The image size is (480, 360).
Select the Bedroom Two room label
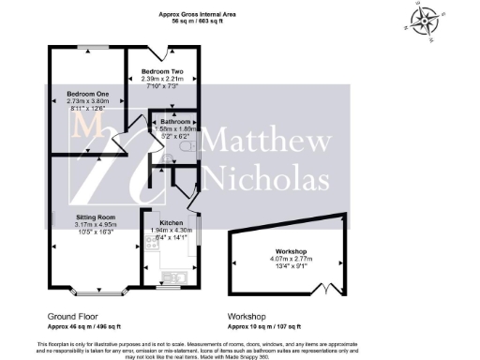click(161, 71)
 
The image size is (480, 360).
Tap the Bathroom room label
click(175, 122)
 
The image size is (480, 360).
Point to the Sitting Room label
click(96, 217)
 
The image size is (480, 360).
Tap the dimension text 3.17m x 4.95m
click(96, 224)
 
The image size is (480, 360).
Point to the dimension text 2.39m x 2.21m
click(161, 79)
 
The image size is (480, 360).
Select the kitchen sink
click(172, 275)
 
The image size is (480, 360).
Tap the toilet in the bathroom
click(192, 147)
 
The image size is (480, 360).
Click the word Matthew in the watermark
click(265, 143)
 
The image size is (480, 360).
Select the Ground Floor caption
click(72, 316)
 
